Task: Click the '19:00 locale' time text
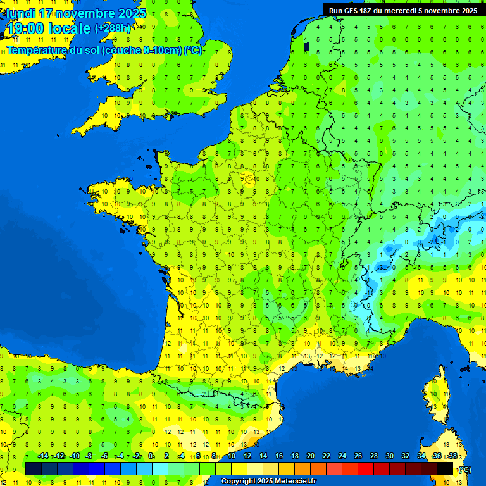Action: (49, 29)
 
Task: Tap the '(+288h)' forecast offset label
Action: (113, 28)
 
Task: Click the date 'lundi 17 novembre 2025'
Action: (77, 13)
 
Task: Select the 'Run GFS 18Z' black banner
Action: (403, 10)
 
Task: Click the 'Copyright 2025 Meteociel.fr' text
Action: (268, 482)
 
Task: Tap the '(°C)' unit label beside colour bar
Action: (464, 469)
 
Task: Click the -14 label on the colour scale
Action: (43, 456)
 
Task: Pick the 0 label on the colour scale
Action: (151, 456)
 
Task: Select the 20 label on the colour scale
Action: (310, 456)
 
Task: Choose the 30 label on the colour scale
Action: (389, 456)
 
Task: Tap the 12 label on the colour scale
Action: (247, 456)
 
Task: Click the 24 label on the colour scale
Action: (342, 456)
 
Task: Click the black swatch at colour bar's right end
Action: (445, 468)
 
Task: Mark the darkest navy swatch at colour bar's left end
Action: (34, 468)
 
